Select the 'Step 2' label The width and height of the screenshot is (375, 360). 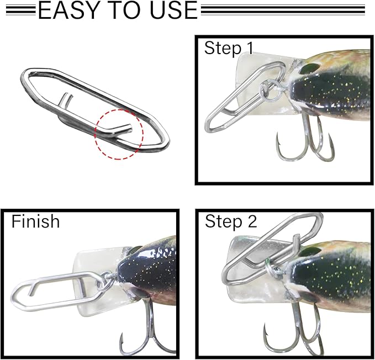coord(231,222)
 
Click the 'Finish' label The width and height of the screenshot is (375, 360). coord(35,221)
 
